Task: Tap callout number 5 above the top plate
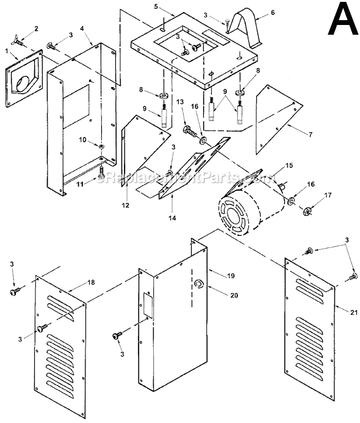coord(156,7)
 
